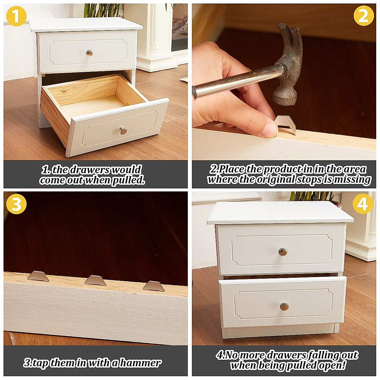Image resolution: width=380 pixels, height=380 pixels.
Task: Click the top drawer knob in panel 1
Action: click(x=90, y=53)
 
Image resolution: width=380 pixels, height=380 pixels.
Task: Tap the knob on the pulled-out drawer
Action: click(x=123, y=130)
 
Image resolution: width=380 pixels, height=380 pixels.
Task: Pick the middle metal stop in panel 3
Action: click(x=95, y=280)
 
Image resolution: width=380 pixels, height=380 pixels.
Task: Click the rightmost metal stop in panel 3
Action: click(x=154, y=286)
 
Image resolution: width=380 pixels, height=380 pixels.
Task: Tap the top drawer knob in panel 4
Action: click(x=282, y=252)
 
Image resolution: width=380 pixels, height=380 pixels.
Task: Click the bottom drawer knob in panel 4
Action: click(x=284, y=306)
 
